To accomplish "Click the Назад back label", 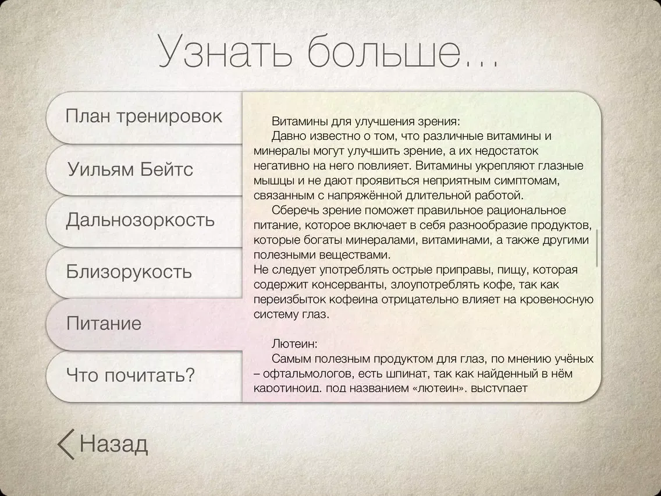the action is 114,444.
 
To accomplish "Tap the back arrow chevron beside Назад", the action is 66,444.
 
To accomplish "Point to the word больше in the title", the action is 384,51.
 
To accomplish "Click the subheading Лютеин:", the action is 294,343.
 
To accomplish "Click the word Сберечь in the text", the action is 294,211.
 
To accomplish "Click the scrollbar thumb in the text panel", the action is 597,248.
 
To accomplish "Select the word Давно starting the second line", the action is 289,136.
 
